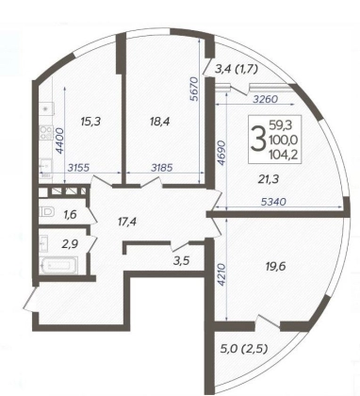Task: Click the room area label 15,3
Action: tap(90, 121)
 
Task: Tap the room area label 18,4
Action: tap(159, 121)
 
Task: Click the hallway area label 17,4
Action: tap(127, 223)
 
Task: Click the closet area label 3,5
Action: tap(182, 260)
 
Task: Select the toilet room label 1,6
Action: tap(71, 215)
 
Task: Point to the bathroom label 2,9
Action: tap(69, 244)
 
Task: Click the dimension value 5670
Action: tap(195, 89)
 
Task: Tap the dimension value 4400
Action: tap(59, 140)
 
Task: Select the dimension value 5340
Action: tap(273, 202)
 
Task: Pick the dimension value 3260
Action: tap(266, 99)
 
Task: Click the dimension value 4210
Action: tap(221, 274)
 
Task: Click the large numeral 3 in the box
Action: tap(257, 140)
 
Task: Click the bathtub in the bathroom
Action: tap(58, 266)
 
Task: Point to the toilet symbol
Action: tap(47, 211)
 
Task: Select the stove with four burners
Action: tap(46, 132)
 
